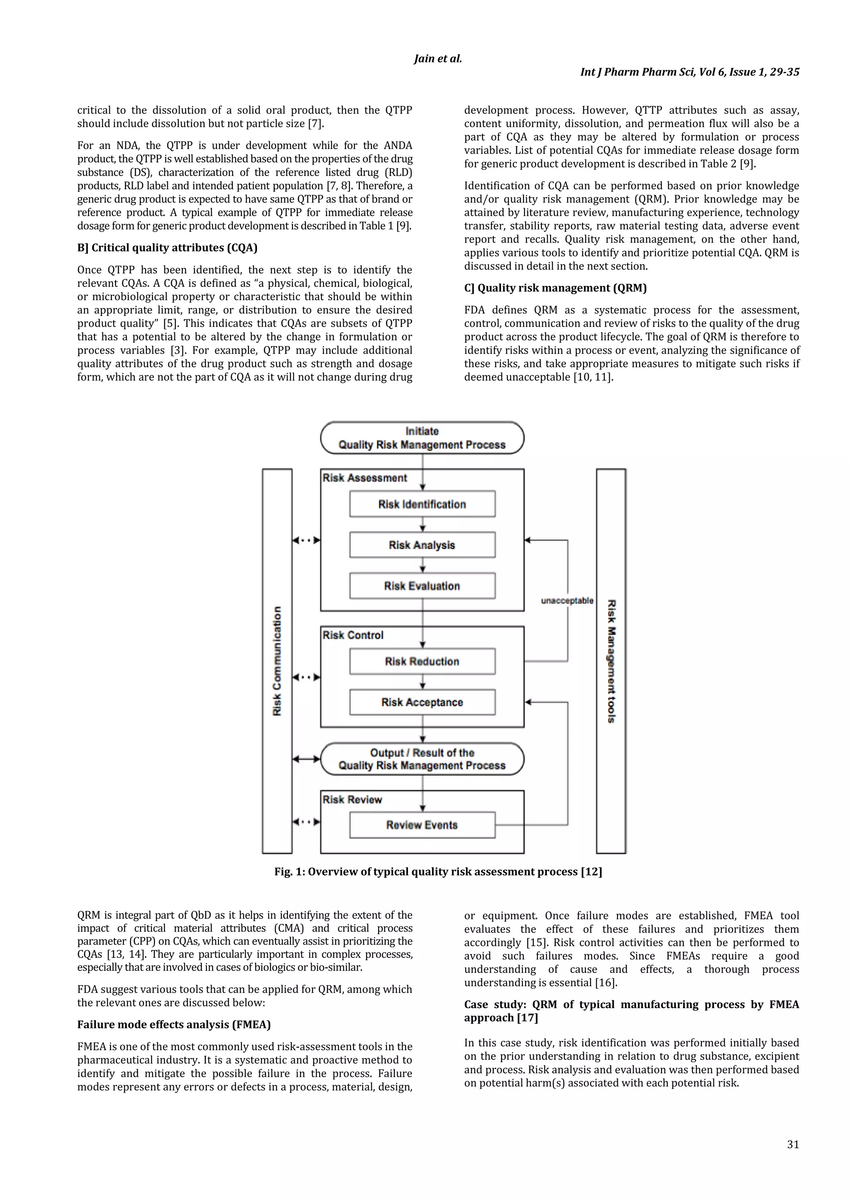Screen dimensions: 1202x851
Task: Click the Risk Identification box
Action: (422, 504)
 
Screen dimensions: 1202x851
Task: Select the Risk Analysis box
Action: (422, 545)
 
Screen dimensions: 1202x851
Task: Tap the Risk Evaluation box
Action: (422, 586)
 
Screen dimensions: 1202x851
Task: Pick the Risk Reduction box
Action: (422, 661)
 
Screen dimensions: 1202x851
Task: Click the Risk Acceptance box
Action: (422, 702)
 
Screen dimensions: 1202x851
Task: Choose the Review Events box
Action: (422, 825)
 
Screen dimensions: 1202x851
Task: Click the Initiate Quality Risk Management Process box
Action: (422, 438)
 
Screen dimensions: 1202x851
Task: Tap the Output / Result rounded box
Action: (422, 759)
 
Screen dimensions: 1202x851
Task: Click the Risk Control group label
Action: (353, 635)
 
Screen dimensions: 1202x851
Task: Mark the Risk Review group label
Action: (352, 799)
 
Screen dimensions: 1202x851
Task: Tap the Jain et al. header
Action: (438, 59)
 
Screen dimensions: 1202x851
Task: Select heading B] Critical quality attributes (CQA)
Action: (167, 247)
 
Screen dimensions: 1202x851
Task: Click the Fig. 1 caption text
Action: (438, 872)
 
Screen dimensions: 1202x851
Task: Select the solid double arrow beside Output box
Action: (306, 759)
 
